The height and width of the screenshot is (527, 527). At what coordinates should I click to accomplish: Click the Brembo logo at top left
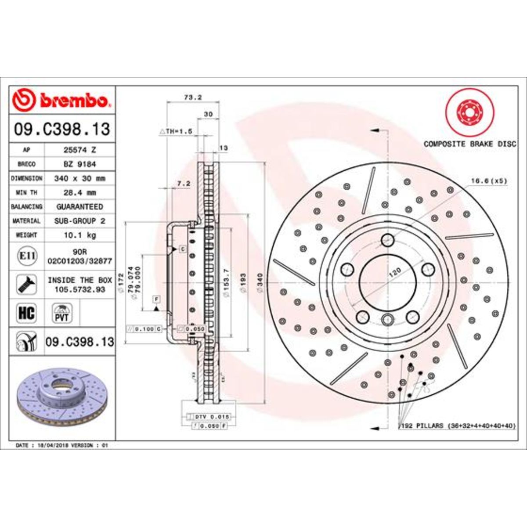[61, 101]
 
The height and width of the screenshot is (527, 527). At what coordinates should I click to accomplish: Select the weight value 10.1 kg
[79, 235]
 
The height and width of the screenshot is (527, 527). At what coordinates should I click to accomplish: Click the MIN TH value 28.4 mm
[79, 192]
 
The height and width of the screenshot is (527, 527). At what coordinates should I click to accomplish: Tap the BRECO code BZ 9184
[79, 164]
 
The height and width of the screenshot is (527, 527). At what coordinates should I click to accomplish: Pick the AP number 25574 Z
[79, 150]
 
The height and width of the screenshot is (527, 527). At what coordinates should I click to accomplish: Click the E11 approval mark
[26, 256]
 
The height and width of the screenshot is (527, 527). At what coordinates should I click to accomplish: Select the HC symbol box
[26, 313]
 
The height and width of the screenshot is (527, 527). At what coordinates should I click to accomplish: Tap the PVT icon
[61, 313]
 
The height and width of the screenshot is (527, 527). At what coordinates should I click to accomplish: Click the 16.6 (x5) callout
[489, 180]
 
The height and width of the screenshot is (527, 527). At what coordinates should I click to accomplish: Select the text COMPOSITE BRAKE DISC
[469, 144]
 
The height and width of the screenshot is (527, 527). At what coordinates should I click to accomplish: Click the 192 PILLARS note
[457, 426]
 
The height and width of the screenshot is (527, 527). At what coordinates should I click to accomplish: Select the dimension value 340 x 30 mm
[79, 178]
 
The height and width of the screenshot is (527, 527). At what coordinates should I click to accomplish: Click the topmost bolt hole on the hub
[387, 240]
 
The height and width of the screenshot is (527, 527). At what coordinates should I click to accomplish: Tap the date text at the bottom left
[61, 445]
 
